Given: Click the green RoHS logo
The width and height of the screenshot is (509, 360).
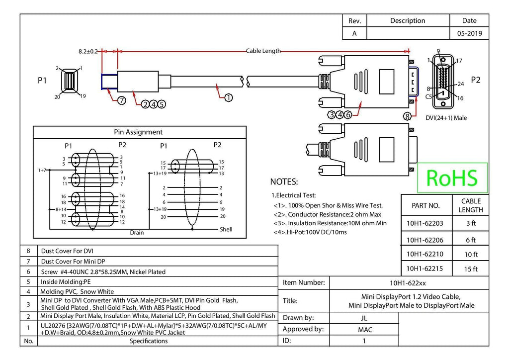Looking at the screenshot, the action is [452, 178].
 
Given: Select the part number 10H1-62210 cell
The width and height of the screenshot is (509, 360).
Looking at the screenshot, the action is [425, 254].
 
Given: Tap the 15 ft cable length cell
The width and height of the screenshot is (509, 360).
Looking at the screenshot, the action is [471, 269].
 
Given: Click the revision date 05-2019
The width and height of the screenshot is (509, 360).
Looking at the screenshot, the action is [469, 33].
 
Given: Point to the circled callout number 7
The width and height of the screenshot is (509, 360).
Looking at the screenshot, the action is [121, 100].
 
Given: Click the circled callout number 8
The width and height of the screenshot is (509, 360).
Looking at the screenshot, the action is [407, 116].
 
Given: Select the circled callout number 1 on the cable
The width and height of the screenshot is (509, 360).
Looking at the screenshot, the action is [229, 97].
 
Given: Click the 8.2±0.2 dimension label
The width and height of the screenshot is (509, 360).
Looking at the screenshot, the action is [88, 51].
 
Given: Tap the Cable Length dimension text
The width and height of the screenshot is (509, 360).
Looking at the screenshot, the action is [263, 51].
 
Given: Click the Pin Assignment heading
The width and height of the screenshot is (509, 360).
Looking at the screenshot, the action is [138, 132].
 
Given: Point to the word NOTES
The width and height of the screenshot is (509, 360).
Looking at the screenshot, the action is [284, 182].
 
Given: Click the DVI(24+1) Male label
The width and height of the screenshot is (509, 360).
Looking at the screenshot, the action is [446, 118].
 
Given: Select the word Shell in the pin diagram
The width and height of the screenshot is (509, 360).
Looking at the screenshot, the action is [226, 229].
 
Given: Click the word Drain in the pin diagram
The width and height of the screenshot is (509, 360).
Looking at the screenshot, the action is [137, 232].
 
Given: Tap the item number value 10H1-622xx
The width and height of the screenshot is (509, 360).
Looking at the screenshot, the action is [408, 283].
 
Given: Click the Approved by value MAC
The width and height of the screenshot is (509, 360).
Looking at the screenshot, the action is [365, 330].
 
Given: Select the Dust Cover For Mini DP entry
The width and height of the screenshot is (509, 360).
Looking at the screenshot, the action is [73, 262].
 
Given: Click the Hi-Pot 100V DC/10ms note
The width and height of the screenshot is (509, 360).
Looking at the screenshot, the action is [310, 232].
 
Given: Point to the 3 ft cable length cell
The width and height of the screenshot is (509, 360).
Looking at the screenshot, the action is [471, 223].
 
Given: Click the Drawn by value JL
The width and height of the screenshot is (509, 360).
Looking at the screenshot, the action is [364, 318].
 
